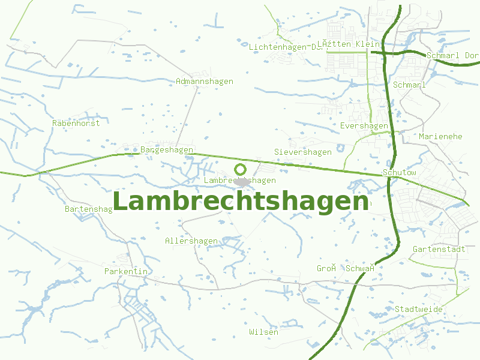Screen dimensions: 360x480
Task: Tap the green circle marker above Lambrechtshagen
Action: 241,170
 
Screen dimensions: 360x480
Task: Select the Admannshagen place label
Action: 205,82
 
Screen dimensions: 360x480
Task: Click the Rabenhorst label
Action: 76,123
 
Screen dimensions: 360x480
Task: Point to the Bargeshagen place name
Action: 167,149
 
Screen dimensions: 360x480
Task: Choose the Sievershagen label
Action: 303,152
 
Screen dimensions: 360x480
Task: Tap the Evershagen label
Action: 364,126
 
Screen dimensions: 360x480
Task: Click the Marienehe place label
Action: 440,137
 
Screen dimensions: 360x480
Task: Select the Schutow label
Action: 400,173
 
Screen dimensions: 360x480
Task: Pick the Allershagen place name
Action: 191,241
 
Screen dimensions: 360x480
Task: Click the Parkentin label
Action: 126,272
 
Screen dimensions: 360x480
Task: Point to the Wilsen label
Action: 264,332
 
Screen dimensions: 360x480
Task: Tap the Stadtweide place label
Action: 419,310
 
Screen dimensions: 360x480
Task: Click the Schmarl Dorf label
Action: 452,56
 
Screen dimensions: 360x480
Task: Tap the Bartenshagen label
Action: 89,209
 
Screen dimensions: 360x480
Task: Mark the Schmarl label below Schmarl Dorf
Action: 409,85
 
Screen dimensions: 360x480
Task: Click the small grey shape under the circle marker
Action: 242,181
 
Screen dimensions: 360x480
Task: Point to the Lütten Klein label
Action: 349,44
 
